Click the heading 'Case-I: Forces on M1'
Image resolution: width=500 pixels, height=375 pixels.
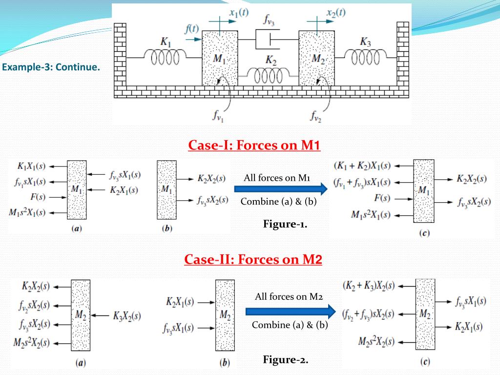pos(254,146)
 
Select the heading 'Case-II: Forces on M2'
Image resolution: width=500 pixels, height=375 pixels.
pos(253,259)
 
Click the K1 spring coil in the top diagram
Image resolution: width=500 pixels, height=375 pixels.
pos(165,58)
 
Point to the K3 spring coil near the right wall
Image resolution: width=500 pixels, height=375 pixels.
pos(366,58)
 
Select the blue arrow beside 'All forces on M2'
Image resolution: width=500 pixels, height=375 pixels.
pos(291,311)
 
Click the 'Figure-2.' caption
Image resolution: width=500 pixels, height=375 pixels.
pos(286,360)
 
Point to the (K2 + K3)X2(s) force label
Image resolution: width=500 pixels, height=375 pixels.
pos(369,285)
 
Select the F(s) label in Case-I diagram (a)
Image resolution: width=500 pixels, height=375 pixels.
pos(38,197)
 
